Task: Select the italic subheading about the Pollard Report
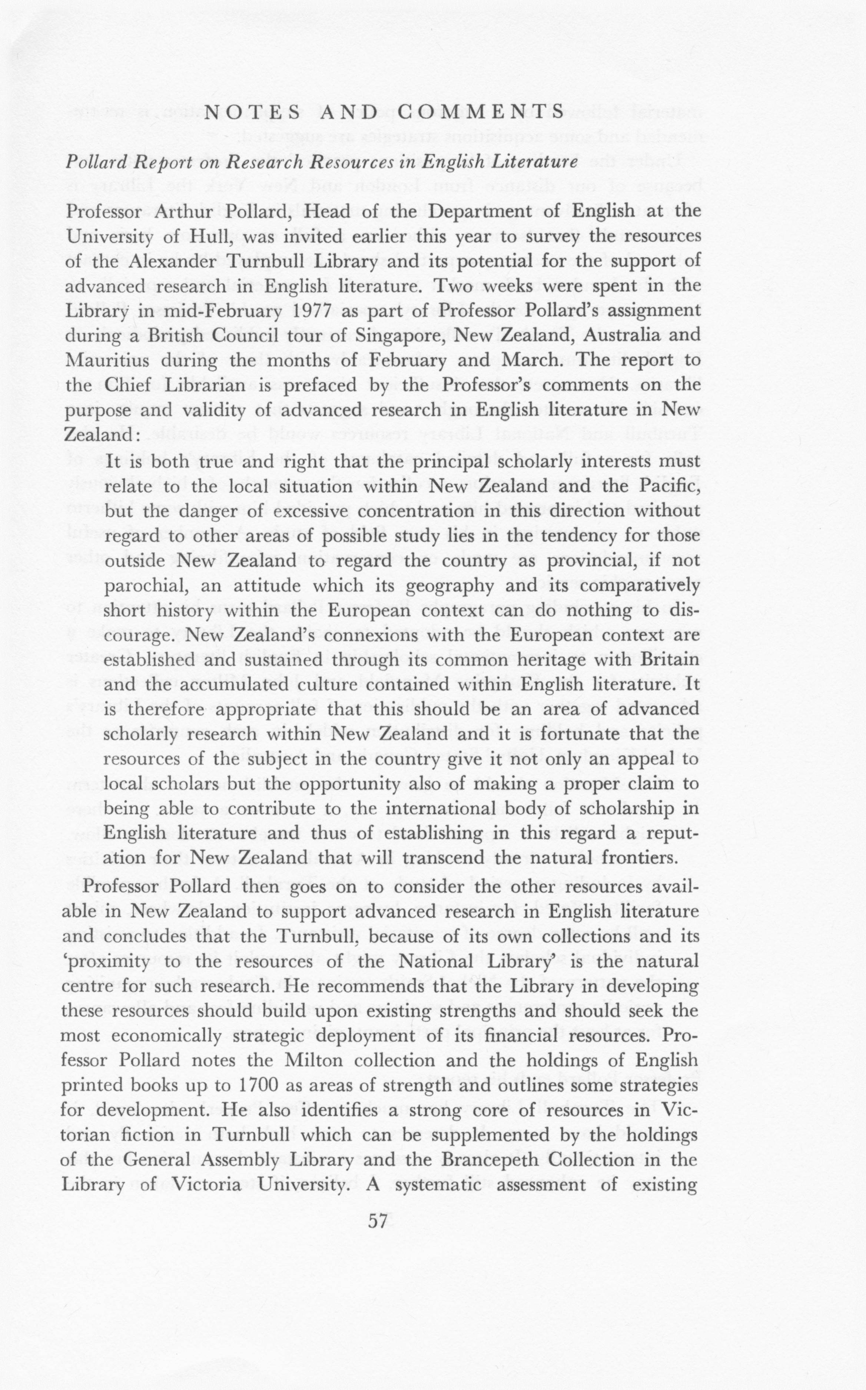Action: [321, 162]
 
